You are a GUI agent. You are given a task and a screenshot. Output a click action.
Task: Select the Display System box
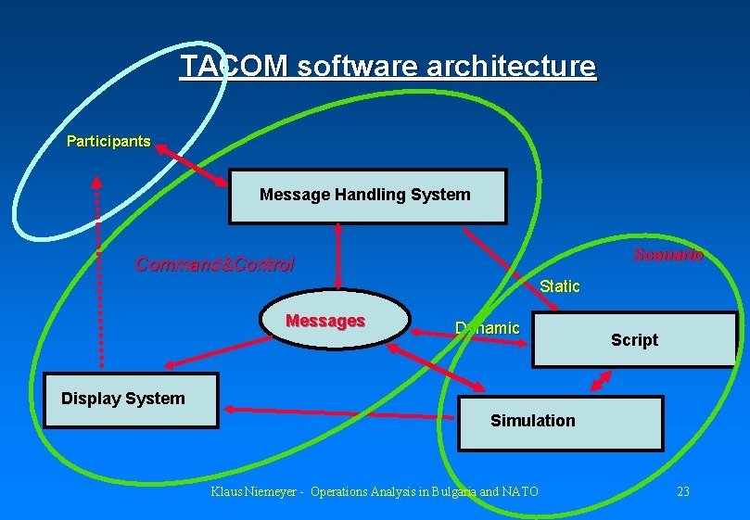click(131, 400)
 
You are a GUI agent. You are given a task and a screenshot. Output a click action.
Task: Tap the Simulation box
click(561, 423)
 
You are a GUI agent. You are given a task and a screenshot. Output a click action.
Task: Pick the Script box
click(634, 340)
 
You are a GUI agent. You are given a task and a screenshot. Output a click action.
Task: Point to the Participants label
click(108, 142)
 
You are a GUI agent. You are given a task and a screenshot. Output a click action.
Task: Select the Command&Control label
click(214, 265)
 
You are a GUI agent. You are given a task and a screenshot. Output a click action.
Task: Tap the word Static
click(559, 286)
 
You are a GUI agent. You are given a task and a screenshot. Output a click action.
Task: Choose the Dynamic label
click(488, 328)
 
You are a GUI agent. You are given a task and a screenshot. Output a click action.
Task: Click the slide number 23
click(683, 491)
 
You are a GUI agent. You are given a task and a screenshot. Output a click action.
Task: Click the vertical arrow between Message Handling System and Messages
click(338, 257)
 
